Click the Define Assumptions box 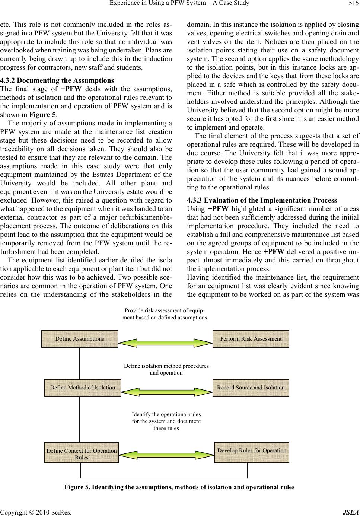[80, 339]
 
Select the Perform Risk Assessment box [251, 339]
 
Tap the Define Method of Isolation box [82, 388]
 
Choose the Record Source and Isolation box [251, 388]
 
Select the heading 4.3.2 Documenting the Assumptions [57, 80]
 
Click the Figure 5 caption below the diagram [179, 487]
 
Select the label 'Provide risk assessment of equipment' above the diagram [165, 314]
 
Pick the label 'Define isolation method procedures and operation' [166, 369]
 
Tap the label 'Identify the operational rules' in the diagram [166, 421]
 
